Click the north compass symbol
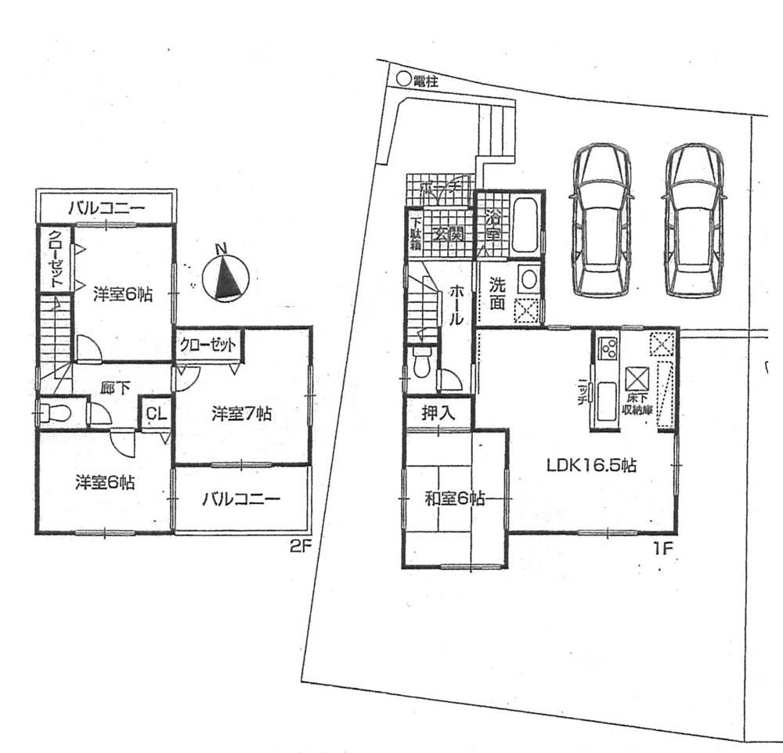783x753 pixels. pyautogui.click(x=226, y=276)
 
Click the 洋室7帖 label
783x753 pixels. pyautogui.click(x=241, y=413)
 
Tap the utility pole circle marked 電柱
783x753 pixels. pyautogui.click(x=402, y=78)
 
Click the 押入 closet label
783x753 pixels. pyautogui.click(x=438, y=413)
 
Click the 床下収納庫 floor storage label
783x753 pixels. pyautogui.click(x=635, y=404)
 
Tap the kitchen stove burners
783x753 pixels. pyautogui.click(x=607, y=348)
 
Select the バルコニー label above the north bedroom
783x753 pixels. pyautogui.click(x=106, y=208)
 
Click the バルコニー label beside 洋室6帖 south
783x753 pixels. pyautogui.click(x=241, y=499)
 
